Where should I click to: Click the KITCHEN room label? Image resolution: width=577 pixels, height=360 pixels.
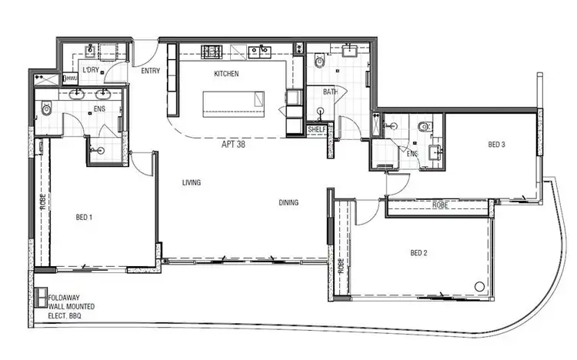click(226, 74)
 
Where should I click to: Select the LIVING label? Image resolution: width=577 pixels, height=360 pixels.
click(192, 183)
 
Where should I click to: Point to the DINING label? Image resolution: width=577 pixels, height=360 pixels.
click(288, 203)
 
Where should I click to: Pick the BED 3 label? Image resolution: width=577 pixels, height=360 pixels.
click(496, 144)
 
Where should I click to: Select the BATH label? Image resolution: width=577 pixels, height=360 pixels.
click(331, 92)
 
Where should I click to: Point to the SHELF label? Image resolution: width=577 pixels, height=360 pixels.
click(316, 129)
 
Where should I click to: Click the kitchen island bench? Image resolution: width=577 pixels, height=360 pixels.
click(233, 103)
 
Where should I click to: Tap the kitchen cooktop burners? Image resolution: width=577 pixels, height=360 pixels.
click(212, 52)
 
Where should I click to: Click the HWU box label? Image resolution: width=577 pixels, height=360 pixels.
click(70, 78)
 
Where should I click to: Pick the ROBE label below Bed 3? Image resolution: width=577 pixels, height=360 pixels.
click(440, 205)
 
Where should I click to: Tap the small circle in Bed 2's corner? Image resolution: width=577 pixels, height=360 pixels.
click(480, 286)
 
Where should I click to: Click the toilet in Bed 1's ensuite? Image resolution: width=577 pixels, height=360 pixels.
click(46, 109)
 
